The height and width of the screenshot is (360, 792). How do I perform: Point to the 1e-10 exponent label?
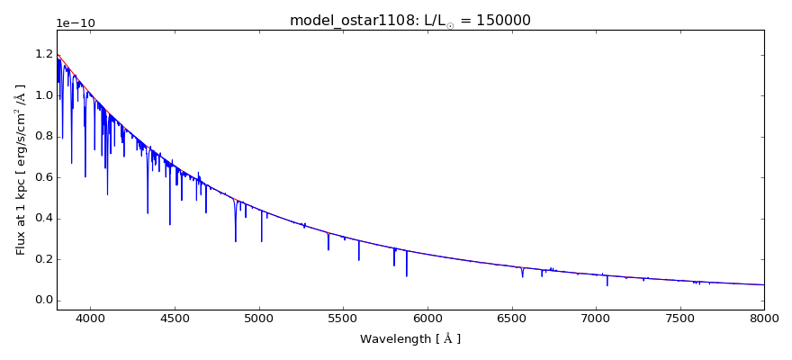click(76, 23)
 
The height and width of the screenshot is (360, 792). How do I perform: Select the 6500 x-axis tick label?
click(511, 319)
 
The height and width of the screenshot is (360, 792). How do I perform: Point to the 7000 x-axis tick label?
click(596, 319)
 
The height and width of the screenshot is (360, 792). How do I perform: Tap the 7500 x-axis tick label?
click(679, 319)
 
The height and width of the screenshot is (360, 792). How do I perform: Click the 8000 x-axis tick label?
click(763, 319)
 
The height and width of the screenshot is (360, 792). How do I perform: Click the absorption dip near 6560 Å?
click(522, 275)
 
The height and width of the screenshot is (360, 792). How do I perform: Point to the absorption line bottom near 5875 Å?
click(407, 274)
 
